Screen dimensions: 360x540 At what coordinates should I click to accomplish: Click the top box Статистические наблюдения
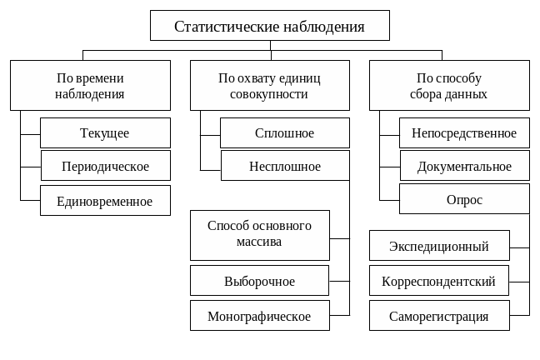pos(269,26)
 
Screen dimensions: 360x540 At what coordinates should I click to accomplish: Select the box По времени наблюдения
pos(90,86)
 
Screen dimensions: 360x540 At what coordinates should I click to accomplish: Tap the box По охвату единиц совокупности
pos(269,86)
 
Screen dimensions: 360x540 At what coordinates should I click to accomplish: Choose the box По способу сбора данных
pos(449,86)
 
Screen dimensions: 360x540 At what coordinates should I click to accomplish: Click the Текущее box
pos(105,133)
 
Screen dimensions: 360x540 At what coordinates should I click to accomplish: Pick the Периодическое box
pos(105,167)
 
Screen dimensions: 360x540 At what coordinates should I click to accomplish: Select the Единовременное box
pos(105,201)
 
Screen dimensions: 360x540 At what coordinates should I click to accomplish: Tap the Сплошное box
pos(285,133)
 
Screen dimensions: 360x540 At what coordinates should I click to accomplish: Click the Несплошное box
pos(285,167)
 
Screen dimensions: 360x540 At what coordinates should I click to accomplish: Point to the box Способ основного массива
pos(259,234)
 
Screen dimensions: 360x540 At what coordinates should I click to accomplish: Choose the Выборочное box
pos(259,282)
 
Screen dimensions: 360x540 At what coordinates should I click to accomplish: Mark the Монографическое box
pos(259,317)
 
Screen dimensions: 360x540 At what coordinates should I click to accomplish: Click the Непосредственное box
pos(464,133)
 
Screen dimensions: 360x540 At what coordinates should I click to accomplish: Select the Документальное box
pos(464,167)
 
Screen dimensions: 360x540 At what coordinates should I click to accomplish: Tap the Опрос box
pos(464,200)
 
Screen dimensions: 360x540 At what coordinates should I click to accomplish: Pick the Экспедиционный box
pos(439,247)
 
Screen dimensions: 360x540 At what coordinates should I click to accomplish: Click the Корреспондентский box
pos(439,282)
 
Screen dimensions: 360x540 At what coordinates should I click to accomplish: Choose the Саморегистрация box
pos(439,317)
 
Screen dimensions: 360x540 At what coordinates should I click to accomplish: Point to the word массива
pos(259,242)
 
